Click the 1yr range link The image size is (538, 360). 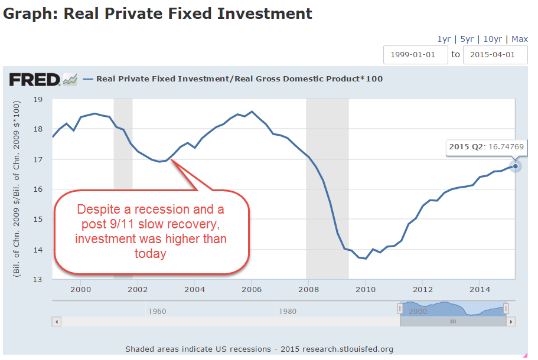444,39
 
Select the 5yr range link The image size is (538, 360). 467,39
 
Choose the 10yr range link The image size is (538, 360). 493,39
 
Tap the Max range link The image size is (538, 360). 520,39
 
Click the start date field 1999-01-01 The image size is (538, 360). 415,54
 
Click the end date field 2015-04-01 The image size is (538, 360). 495,54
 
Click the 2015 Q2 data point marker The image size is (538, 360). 515,166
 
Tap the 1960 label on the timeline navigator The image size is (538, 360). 156,311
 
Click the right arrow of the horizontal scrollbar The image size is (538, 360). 511,322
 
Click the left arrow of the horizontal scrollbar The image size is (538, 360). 57,322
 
